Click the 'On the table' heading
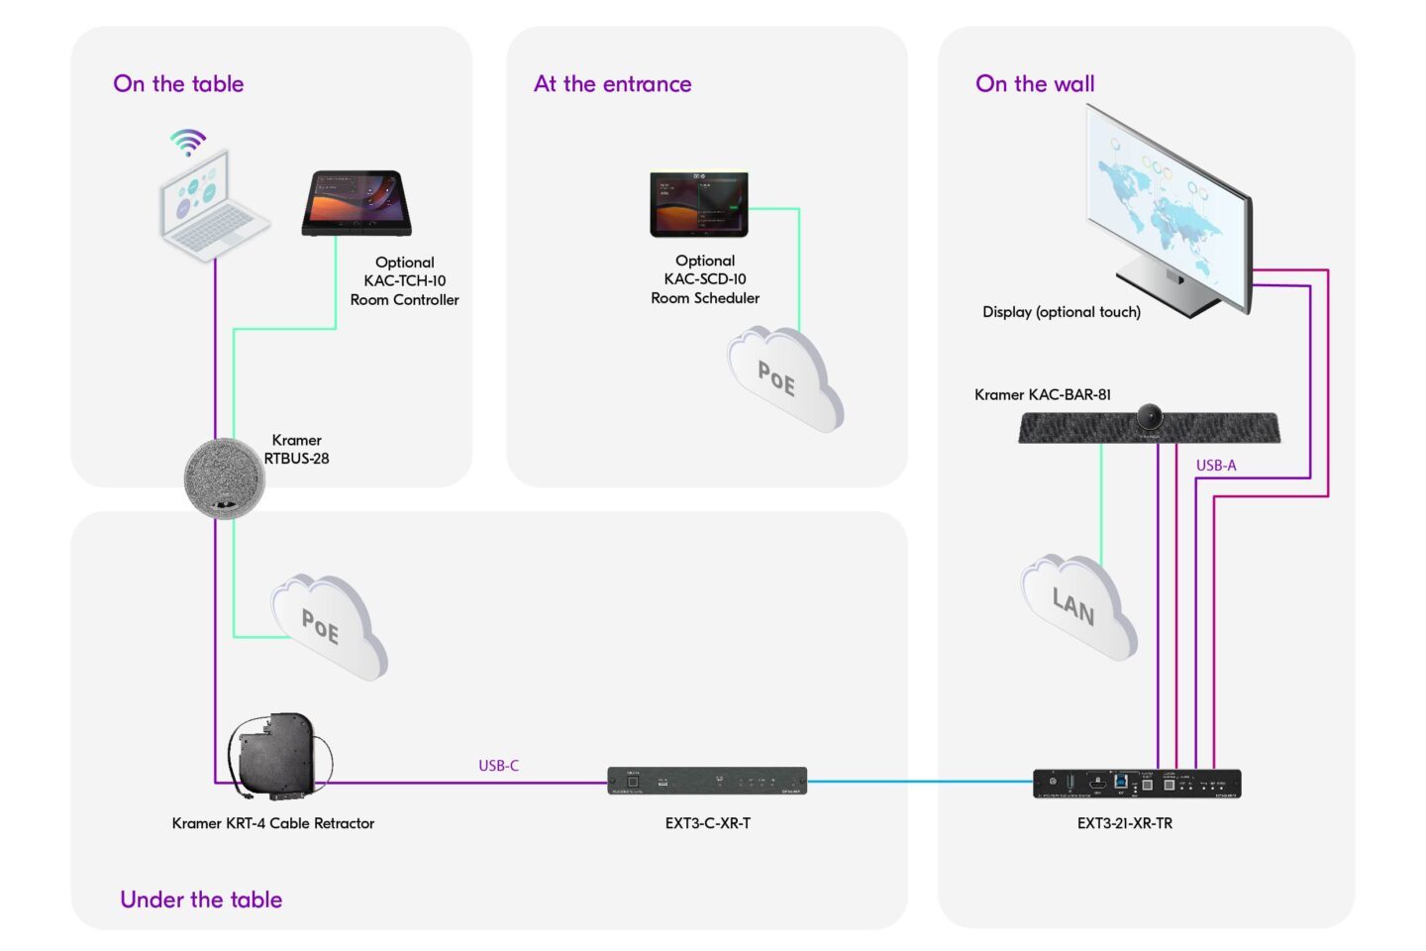point(178,84)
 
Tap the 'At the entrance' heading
point(612,84)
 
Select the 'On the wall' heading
point(1035,84)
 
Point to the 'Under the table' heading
point(201,899)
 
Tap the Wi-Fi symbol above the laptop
point(187,142)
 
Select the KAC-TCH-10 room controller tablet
point(356,203)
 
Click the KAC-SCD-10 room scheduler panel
point(699,205)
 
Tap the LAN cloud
point(1077,605)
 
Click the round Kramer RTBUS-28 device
point(225,478)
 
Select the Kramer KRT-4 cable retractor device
point(276,756)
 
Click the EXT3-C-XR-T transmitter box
point(707,782)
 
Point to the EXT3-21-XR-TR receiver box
point(1136,784)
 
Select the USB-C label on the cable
point(498,766)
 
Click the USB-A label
point(1215,466)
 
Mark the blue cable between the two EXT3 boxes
point(921,782)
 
